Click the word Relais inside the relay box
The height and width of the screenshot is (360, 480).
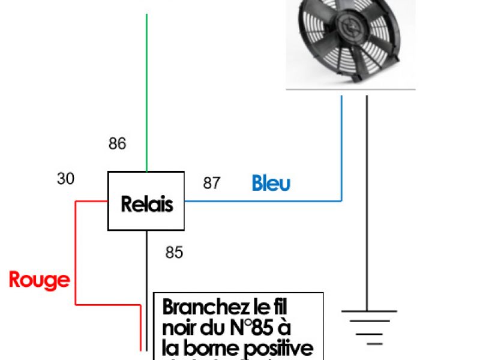point(146,204)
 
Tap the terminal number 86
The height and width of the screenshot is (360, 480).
point(118,144)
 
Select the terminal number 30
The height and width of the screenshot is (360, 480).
point(66,178)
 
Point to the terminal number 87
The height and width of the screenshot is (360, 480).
point(211,183)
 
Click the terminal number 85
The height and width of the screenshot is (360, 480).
point(174,253)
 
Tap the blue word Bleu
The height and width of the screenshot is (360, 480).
point(271,183)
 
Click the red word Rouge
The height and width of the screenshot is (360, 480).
point(39,280)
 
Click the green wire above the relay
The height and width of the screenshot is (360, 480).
point(146,90)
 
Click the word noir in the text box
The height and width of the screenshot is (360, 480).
point(179,328)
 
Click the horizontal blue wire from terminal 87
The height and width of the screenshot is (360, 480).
point(264,200)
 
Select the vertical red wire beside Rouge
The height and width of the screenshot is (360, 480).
point(76,252)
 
